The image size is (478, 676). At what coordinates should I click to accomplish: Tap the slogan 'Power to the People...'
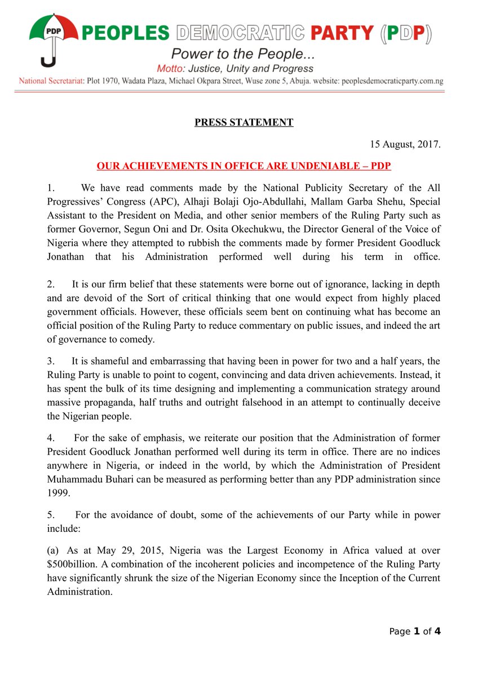242,55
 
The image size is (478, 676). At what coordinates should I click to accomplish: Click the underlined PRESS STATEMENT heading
244,122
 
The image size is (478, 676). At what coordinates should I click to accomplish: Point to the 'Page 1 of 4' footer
415,631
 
